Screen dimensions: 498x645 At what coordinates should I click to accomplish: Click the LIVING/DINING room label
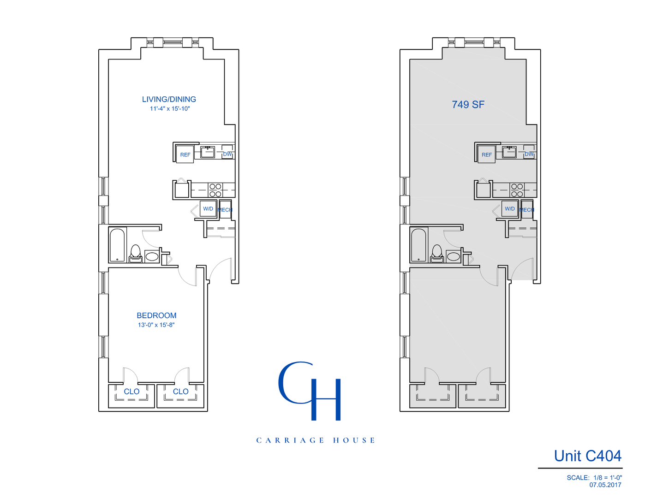169,99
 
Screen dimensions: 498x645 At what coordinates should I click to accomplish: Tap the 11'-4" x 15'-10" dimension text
170,109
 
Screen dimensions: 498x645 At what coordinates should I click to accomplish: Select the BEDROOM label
156,315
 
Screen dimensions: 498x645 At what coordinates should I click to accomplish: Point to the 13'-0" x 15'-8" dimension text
156,325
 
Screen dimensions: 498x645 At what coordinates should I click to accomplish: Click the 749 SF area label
468,105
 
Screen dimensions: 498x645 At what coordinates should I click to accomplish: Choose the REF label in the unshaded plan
185,155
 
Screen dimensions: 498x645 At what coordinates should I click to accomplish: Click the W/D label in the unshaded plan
208,209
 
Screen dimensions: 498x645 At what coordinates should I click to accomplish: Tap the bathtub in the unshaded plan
117,245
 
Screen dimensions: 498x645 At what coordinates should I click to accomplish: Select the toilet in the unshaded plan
135,254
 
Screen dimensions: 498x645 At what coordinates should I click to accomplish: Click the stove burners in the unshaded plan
215,190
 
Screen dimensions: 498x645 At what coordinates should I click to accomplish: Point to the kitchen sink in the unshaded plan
208,152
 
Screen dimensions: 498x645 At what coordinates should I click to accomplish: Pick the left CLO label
131,391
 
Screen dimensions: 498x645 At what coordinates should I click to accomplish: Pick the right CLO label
180,391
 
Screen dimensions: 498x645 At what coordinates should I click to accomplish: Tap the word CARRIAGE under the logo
290,440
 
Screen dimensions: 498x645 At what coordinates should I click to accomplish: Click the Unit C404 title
587,456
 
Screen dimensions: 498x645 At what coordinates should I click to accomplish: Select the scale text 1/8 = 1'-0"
608,478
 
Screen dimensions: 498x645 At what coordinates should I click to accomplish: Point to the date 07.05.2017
605,485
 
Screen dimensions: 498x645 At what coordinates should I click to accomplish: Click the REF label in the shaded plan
487,155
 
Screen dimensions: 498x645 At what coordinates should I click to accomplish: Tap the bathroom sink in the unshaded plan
152,256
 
